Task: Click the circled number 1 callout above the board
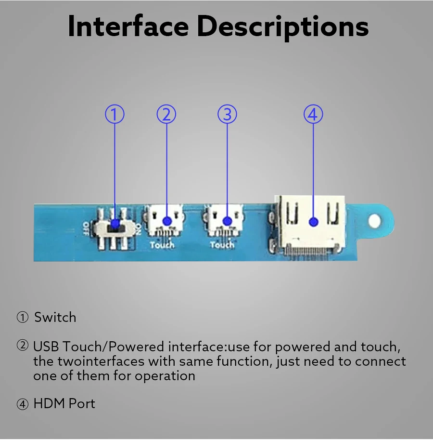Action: click(x=115, y=115)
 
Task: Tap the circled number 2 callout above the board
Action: click(x=166, y=115)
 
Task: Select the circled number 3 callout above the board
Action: click(x=227, y=115)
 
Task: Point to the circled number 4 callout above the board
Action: click(x=313, y=115)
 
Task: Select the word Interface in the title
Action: click(x=127, y=27)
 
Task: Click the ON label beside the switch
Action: click(x=139, y=227)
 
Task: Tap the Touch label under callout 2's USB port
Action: click(x=162, y=245)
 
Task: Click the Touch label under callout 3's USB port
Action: click(x=222, y=245)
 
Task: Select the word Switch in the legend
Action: click(x=55, y=318)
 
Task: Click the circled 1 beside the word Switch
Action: click(x=23, y=318)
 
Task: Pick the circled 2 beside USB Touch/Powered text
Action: click(x=23, y=346)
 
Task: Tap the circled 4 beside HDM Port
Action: click(x=23, y=404)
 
